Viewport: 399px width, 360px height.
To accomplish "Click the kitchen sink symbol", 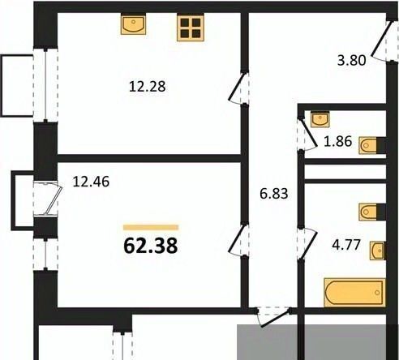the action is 133,24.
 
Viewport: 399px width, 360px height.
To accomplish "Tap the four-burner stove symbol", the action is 191,28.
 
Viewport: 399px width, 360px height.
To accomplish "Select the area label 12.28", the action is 148,87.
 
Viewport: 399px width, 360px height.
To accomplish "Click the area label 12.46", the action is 91,182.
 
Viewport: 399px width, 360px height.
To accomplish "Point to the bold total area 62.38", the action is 151,246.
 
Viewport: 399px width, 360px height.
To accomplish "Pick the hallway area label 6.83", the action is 274,194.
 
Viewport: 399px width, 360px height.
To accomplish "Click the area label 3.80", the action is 352,60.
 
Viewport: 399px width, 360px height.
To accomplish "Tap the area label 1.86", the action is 338,141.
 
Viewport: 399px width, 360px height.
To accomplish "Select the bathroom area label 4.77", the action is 346,245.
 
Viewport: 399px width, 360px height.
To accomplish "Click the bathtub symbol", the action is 354,293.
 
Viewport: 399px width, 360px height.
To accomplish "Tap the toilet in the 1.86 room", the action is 372,146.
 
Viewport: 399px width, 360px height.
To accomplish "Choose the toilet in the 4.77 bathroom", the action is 372,212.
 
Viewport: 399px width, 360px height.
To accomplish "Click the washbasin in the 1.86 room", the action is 320,119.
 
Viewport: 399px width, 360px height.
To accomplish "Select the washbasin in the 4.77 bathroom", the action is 378,251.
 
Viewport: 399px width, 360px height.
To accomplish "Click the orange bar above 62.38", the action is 151,227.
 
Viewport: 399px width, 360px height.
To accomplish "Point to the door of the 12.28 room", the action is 238,88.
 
